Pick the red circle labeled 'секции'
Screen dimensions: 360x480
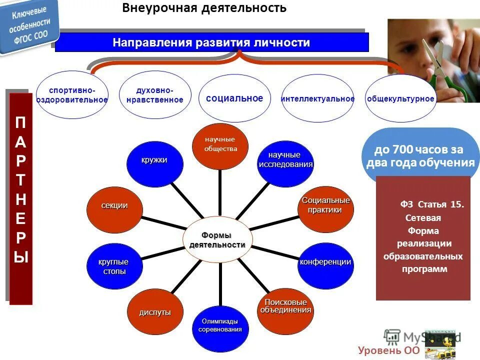[114, 207]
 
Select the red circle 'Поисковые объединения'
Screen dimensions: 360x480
[285, 308]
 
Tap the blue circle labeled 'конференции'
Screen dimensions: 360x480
[325, 263]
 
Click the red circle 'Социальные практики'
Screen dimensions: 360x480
[325, 207]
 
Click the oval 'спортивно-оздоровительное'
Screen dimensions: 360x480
[72, 95]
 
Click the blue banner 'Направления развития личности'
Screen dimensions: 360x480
[211, 42]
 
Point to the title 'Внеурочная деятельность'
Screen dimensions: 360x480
[204, 8]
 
